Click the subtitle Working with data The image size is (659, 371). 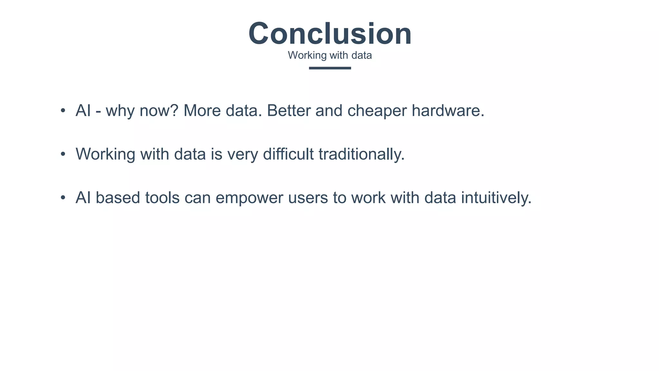(330, 55)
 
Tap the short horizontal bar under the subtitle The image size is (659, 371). (330, 68)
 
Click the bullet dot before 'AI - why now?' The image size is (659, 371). (63, 111)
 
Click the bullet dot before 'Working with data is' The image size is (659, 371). (63, 154)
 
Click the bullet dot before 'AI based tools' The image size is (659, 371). (63, 198)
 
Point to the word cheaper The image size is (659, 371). (377, 111)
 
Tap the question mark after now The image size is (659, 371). (174, 110)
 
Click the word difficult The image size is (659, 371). (288, 154)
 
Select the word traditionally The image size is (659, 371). (361, 154)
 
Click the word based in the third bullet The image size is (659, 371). (118, 198)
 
